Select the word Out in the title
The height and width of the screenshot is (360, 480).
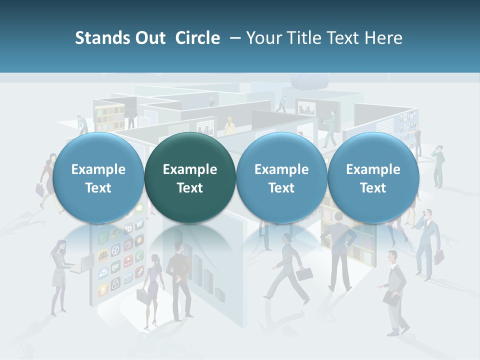[x=150, y=38]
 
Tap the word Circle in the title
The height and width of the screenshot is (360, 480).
[x=197, y=38]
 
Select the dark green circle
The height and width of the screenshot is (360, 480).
[x=190, y=177]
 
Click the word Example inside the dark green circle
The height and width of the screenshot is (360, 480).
[x=190, y=169]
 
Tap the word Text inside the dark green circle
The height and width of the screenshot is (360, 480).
[x=190, y=188]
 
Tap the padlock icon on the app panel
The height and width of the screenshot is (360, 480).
[x=115, y=285]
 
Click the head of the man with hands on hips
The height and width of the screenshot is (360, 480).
[x=338, y=217]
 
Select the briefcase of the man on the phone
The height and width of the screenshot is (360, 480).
[x=439, y=257]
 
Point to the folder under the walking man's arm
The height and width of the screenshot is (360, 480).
[x=391, y=298]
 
